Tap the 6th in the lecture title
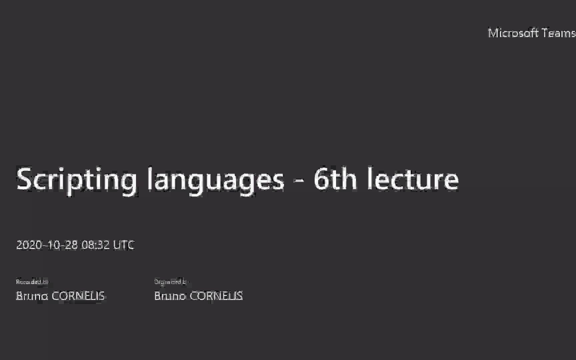[335, 179]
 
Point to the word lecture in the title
[413, 179]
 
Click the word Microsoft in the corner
[513, 33]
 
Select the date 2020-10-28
[47, 245]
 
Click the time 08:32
[95, 245]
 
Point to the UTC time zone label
[124, 245]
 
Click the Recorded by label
[32, 282]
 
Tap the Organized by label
[171, 282]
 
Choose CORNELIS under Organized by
[216, 296]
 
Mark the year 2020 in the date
[29, 245]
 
